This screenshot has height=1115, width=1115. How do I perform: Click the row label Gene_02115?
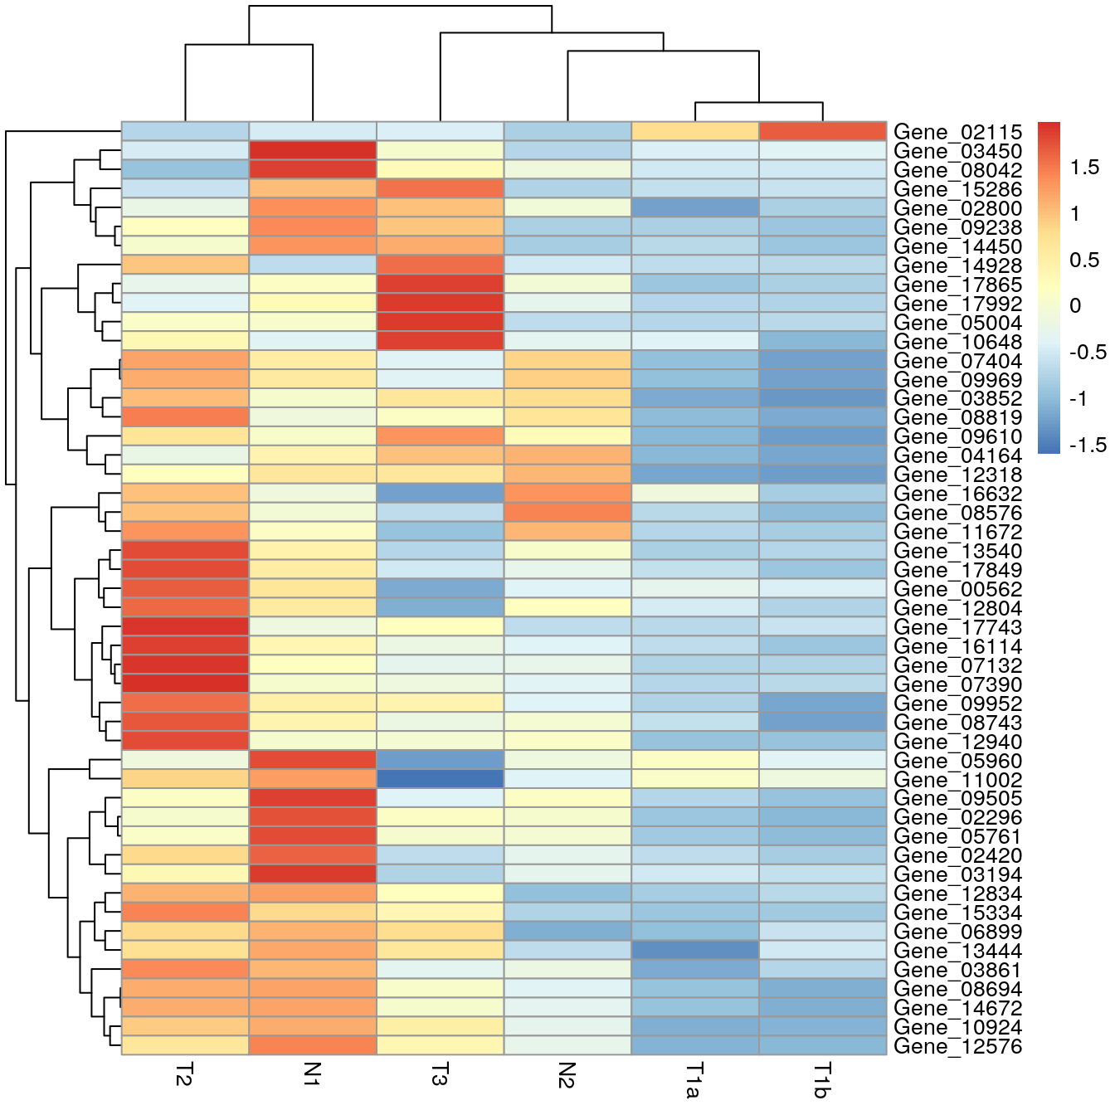(x=957, y=133)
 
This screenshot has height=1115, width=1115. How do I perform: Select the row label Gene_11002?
(x=957, y=781)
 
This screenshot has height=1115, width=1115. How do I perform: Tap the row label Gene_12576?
(x=957, y=1047)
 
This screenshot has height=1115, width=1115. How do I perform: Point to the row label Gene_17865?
(x=957, y=285)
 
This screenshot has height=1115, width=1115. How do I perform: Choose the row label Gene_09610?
(x=957, y=437)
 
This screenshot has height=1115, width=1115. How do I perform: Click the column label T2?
(x=184, y=1075)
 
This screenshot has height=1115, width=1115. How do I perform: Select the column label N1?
(x=312, y=1074)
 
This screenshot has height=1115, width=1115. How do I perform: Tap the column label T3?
(x=440, y=1075)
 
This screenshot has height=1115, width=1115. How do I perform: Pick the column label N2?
(x=567, y=1074)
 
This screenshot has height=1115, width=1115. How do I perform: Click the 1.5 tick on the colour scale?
(x=1084, y=168)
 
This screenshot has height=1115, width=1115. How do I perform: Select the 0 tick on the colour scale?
(x=1075, y=306)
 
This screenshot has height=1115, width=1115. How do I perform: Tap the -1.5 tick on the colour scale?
(x=1088, y=446)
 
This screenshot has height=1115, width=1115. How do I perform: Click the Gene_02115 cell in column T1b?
(x=822, y=132)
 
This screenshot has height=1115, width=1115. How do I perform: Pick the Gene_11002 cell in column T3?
(x=440, y=780)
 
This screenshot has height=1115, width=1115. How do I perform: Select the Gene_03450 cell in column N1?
(x=313, y=151)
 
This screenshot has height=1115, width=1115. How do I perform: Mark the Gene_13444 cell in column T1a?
(x=695, y=951)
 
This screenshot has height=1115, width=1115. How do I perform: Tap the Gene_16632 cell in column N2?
(x=567, y=494)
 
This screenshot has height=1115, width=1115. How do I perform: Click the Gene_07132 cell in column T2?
(x=185, y=665)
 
